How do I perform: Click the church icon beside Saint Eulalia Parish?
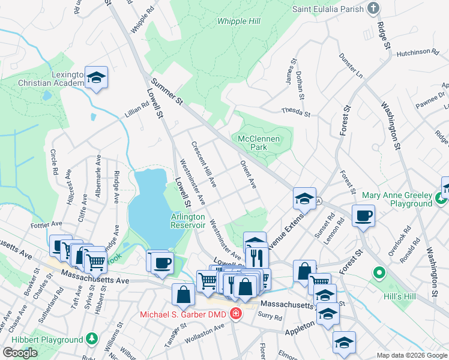[373, 8]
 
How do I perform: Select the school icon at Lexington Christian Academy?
[96, 77]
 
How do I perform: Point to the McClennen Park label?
[259, 142]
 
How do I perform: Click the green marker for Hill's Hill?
[378, 274]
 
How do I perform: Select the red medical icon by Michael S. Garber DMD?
[236, 314]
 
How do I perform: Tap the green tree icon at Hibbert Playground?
[91, 339]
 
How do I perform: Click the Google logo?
[20, 353]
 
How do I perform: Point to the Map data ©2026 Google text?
[411, 355]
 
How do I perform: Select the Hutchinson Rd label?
[418, 54]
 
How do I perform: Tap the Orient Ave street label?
[248, 175]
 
